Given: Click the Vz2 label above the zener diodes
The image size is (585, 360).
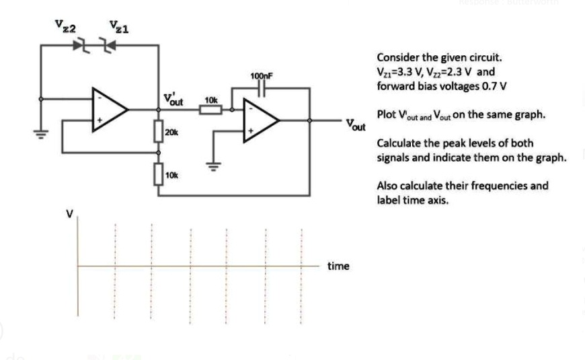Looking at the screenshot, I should click(65, 27).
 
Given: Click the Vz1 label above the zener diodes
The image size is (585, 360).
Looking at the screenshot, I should click(120, 27).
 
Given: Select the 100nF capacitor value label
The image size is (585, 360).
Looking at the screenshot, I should click(261, 76).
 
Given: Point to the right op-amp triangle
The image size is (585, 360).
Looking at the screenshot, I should click(262, 121).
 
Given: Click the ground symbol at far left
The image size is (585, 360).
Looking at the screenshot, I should click(42, 133).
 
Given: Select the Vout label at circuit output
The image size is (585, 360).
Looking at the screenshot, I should click(356, 125).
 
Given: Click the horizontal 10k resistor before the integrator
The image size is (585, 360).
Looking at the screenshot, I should click(210, 109).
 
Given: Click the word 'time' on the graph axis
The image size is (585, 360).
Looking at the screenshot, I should click(338, 266).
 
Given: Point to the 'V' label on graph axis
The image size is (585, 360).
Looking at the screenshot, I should click(68, 215).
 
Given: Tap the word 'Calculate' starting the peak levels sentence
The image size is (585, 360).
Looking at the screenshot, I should click(398, 143).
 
